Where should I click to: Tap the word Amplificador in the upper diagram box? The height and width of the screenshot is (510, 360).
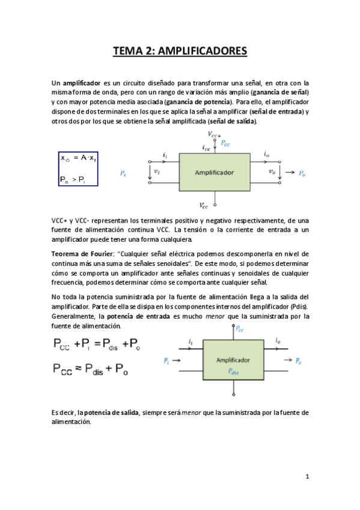[x=214, y=172]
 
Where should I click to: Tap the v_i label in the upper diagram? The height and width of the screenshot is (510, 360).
[x=157, y=171]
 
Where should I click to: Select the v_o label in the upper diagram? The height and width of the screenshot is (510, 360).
[x=272, y=171]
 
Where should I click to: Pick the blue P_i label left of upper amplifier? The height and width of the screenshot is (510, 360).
[x=123, y=173]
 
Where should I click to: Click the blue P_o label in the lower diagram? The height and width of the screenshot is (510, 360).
[x=298, y=361]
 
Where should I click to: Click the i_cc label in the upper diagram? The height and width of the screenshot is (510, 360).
[x=206, y=147]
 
